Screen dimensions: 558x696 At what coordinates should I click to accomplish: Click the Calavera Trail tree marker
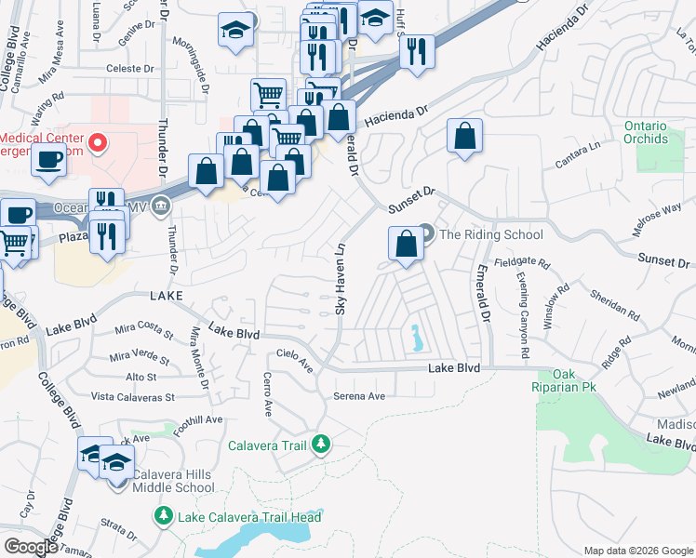click(x=320, y=445)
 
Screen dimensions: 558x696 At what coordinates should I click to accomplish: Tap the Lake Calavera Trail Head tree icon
click(x=164, y=516)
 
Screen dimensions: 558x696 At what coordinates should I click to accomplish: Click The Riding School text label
click(x=490, y=234)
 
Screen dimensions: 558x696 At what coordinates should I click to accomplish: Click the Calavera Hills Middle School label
click(x=173, y=481)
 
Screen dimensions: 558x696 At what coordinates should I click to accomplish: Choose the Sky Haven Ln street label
click(x=341, y=278)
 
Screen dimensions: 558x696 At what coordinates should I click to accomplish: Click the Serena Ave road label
click(x=359, y=396)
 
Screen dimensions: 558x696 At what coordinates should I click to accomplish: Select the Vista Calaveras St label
click(x=133, y=397)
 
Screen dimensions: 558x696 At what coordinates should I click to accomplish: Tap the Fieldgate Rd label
click(x=518, y=263)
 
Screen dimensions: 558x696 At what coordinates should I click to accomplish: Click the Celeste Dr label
click(x=129, y=69)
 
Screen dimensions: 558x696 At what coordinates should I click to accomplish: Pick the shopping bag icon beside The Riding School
click(x=407, y=246)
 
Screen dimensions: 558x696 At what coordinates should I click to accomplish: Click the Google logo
click(x=31, y=547)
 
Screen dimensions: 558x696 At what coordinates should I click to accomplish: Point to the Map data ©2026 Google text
click(x=637, y=550)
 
